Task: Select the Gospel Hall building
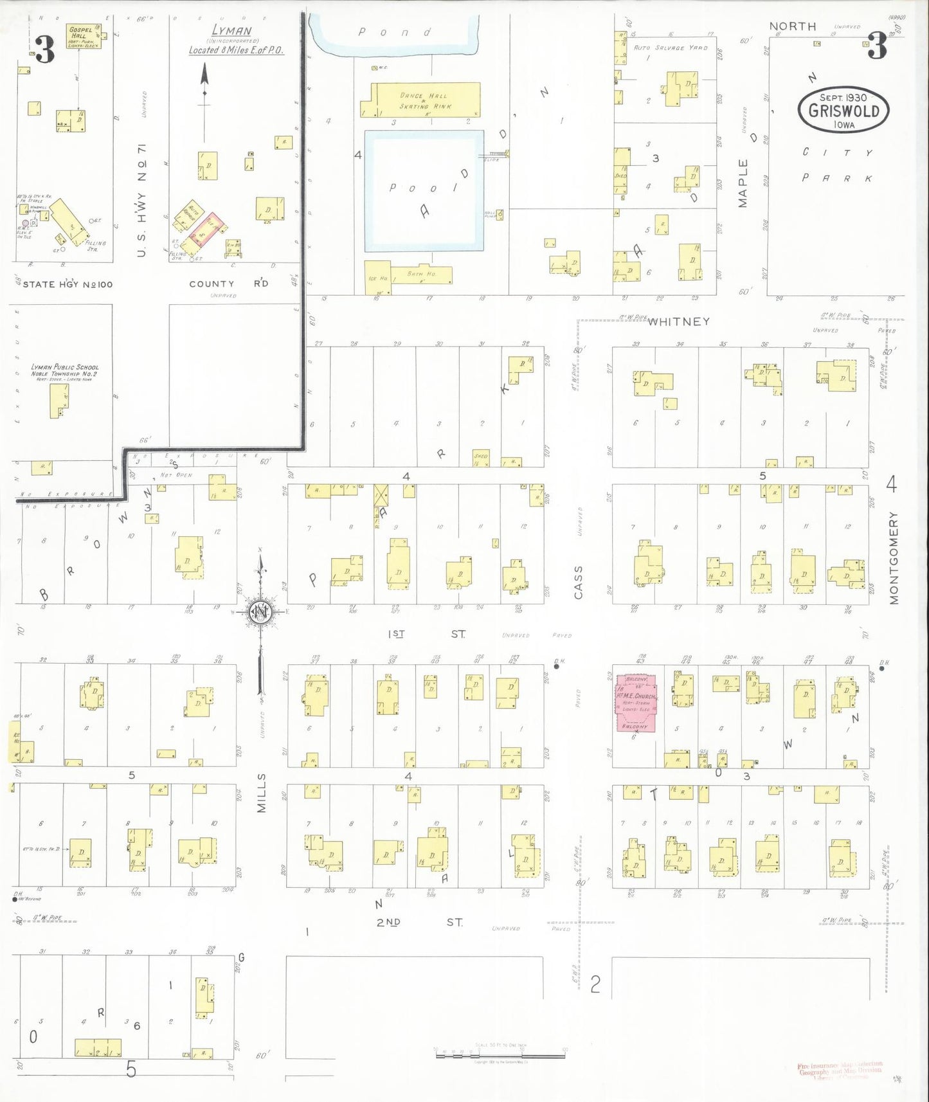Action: pos(84,37)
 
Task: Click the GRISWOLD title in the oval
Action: pos(843,111)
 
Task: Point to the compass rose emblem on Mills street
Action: pos(261,611)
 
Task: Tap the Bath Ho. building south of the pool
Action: pos(421,275)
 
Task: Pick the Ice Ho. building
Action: pos(377,276)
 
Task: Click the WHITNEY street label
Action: pos(678,321)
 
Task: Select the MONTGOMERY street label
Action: pos(894,557)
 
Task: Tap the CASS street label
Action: pos(578,582)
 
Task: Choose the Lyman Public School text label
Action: pos(64,370)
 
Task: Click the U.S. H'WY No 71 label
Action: pos(142,199)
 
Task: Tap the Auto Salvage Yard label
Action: pos(670,48)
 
